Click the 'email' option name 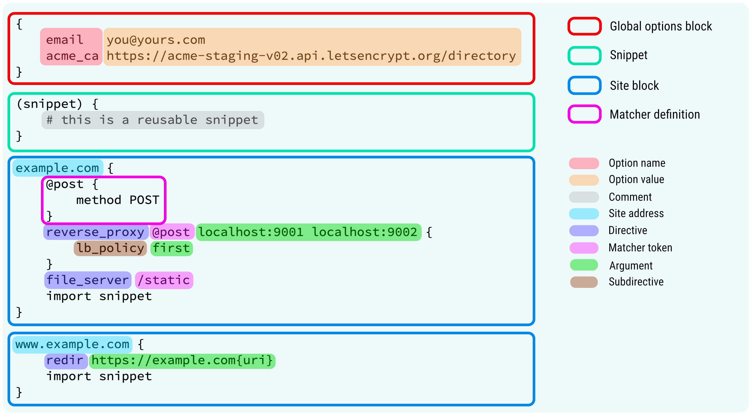pos(65,40)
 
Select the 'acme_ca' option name pos(72,56)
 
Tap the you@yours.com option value pos(156,40)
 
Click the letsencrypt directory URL pos(311,56)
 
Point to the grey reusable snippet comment pos(153,120)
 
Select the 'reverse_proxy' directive pos(96,232)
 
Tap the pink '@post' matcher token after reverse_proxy pos(171,232)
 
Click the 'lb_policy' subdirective pos(110,248)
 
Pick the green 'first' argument pos(171,248)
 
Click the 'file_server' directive pos(88,280)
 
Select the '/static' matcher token pos(164,280)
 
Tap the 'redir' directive pos(65,360)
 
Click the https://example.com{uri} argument pos(182,360)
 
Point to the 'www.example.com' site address pos(72,344)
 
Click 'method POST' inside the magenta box pos(118,200)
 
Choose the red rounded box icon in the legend pos(584,26)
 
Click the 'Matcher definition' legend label pos(654,114)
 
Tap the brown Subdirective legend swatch pos(584,282)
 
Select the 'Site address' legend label pos(636,213)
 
